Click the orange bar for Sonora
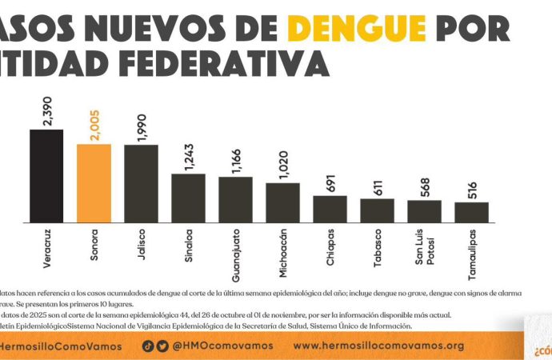coord(94,183)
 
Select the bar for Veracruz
coord(46,176)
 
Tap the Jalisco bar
coord(141,183)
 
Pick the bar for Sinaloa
coord(188,198)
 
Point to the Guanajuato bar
coord(235,199)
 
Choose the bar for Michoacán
coord(282,202)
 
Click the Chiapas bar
coord(330,209)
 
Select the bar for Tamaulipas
coord(471,212)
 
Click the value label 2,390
coord(46,110)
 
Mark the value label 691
coord(330,182)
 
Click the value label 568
coord(424,186)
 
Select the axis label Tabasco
coord(376,249)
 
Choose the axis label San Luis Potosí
coord(424,253)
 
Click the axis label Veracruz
coord(46,250)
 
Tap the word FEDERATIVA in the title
coord(236,62)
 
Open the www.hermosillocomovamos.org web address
coord(379,346)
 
